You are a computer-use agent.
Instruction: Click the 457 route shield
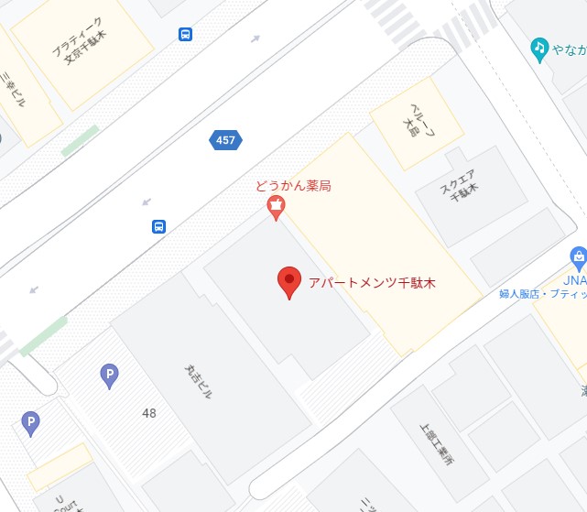pos(225,140)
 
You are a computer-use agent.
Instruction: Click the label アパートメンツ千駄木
pos(372,283)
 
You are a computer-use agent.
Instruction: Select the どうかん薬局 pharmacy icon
pos(276,209)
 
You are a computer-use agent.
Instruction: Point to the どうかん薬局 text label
pos(293,187)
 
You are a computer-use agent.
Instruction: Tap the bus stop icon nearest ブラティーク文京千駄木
pos(186,35)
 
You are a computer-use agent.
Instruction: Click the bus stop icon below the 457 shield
pos(158,226)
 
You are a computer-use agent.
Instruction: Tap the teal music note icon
pos(540,48)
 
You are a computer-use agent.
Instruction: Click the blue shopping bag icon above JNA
pos(578,256)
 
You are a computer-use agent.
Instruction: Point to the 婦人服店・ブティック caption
pos(542,294)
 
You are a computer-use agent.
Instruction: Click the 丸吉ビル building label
pos(199,380)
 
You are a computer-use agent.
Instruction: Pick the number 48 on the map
pos(149,413)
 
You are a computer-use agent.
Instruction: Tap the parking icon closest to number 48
pos(109,374)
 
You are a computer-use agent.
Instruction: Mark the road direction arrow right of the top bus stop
pos(255,38)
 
